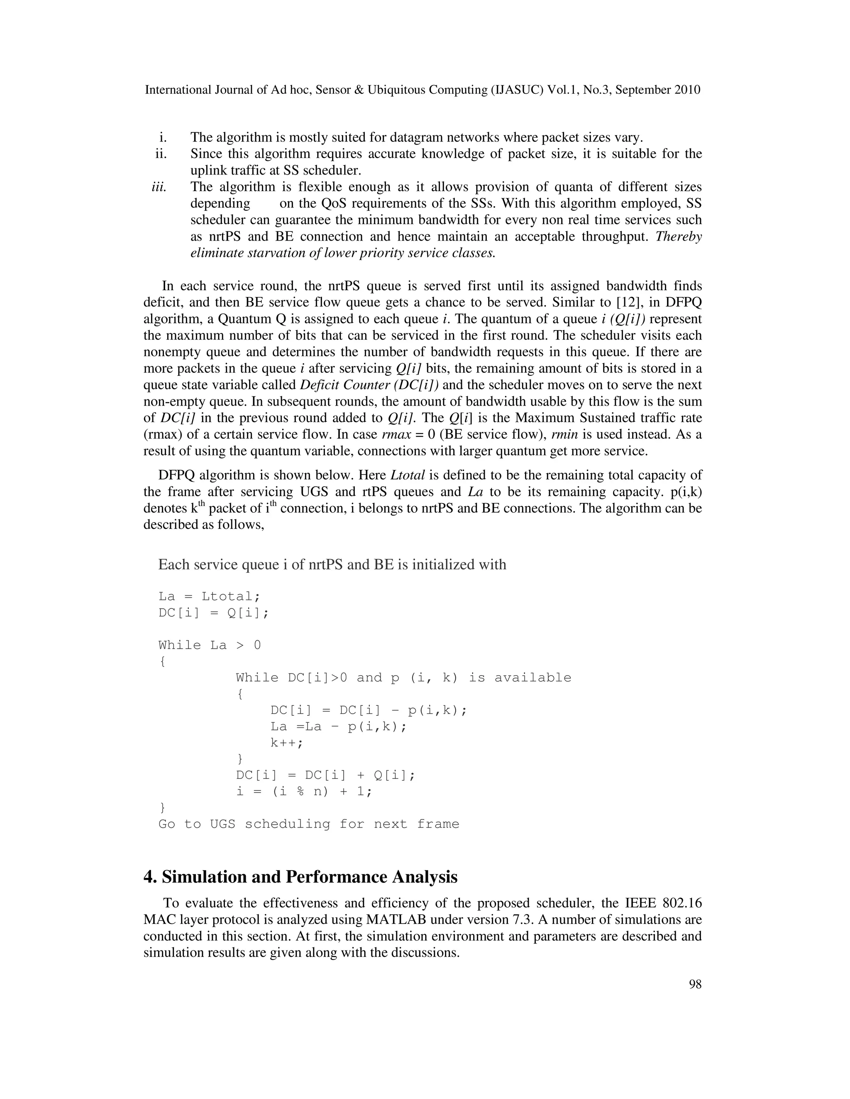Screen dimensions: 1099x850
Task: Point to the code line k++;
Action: [x=287, y=743]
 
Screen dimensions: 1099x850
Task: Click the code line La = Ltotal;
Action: [x=210, y=596]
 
